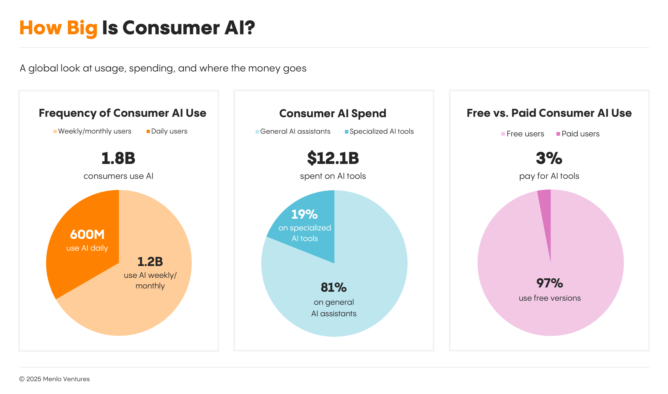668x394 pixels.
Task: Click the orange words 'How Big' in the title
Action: tap(58, 28)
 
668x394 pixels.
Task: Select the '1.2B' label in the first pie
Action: tap(150, 262)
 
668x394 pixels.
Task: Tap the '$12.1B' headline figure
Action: tap(333, 158)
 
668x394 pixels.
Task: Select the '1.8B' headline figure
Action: tap(118, 158)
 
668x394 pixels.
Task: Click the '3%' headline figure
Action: tap(549, 158)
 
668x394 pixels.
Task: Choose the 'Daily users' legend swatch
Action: tap(148, 131)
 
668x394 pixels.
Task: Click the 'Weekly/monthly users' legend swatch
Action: tap(55, 131)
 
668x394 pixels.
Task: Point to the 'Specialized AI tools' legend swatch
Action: tap(346, 132)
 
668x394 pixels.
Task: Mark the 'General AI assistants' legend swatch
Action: tap(257, 132)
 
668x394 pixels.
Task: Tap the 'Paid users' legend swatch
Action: tap(558, 134)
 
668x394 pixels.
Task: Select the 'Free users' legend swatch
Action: tap(503, 134)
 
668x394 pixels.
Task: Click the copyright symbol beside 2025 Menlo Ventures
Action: tap(22, 379)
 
